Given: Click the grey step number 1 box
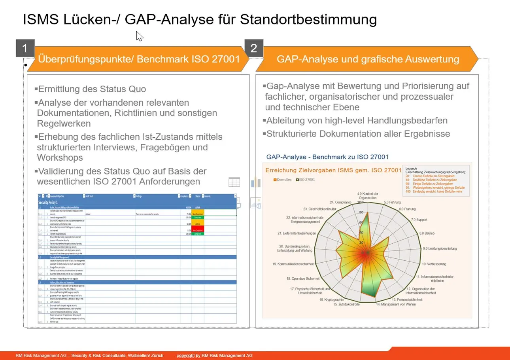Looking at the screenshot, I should pos(25,49).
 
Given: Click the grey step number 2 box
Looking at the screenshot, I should pos(254,49).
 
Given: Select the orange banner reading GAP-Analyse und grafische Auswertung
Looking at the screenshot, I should pos(368,59).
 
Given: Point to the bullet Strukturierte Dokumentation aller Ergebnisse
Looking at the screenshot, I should pos(358,134).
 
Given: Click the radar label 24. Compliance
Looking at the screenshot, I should pos(340,202).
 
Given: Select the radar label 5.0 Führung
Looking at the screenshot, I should pos(392,202).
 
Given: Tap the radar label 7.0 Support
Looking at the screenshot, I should pos(419,219).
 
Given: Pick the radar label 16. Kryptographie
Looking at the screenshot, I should pos(331,299).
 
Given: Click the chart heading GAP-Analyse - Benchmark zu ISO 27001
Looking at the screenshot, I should pos(327,157).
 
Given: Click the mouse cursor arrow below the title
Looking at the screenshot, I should pos(139,36).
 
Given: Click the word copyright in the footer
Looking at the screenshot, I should pos(186,355).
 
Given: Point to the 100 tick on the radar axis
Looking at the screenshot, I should pos(360,203).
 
